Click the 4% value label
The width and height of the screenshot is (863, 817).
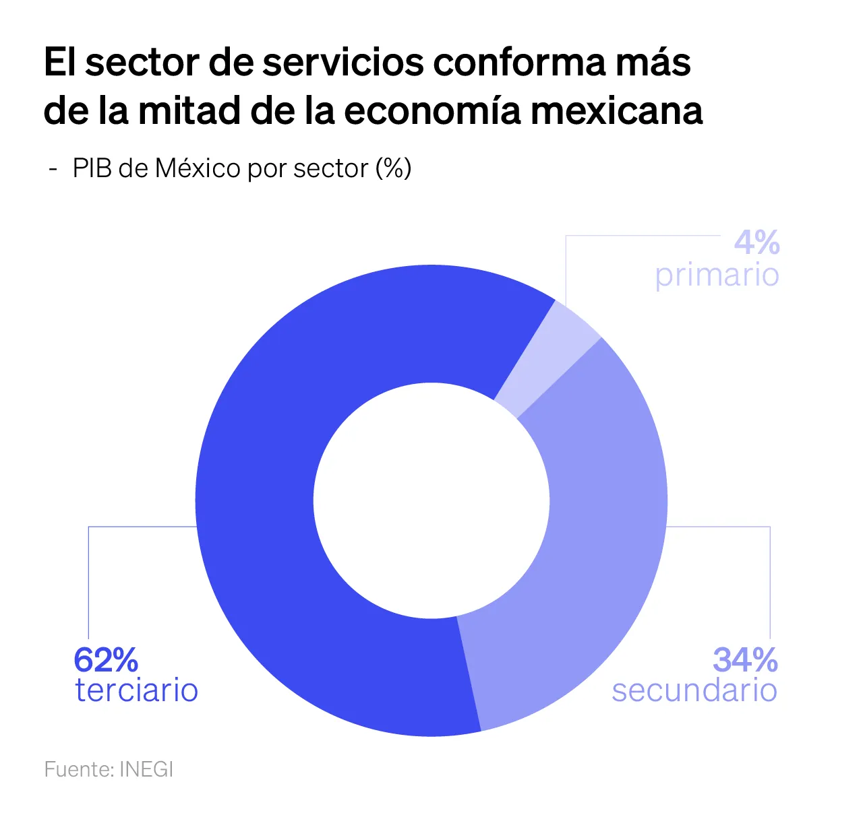(x=756, y=242)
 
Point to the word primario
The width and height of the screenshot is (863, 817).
(x=717, y=275)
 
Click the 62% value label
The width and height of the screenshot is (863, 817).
(x=106, y=660)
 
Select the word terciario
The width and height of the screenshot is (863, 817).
(x=137, y=690)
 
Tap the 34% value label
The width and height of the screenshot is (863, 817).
(x=745, y=660)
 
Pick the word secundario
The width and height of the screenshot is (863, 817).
(x=694, y=690)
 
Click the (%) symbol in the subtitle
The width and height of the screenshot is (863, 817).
(x=394, y=168)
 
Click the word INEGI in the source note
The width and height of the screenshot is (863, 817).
(x=146, y=769)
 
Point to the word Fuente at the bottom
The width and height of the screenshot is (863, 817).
(x=79, y=769)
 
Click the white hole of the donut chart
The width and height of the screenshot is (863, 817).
(x=431, y=500)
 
